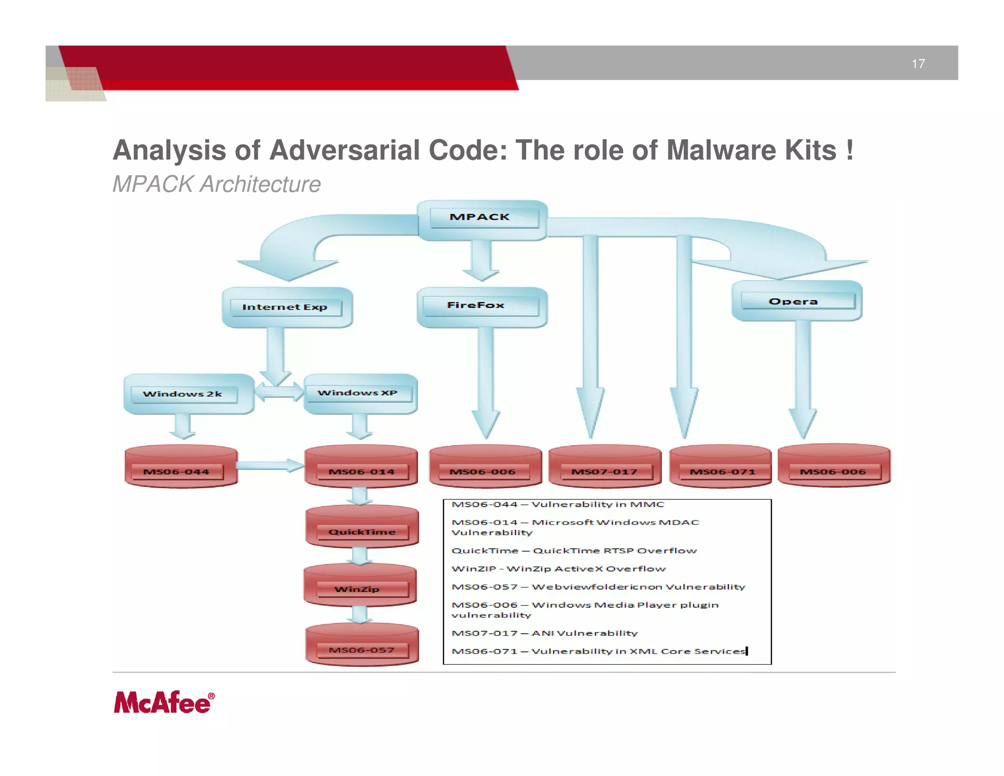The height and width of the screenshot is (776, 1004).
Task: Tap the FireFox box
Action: tap(481, 307)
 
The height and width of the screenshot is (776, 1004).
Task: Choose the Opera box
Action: tap(797, 301)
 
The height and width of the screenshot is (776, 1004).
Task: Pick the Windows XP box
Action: tap(360, 393)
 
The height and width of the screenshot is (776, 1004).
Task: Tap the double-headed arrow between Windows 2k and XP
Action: tap(279, 392)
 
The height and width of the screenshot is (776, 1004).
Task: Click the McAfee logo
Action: tap(164, 702)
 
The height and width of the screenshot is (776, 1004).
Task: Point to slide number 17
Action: tap(918, 64)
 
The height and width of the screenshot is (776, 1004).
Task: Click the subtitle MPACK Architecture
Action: tap(217, 184)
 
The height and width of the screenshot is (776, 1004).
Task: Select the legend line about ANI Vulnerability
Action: tap(544, 633)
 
